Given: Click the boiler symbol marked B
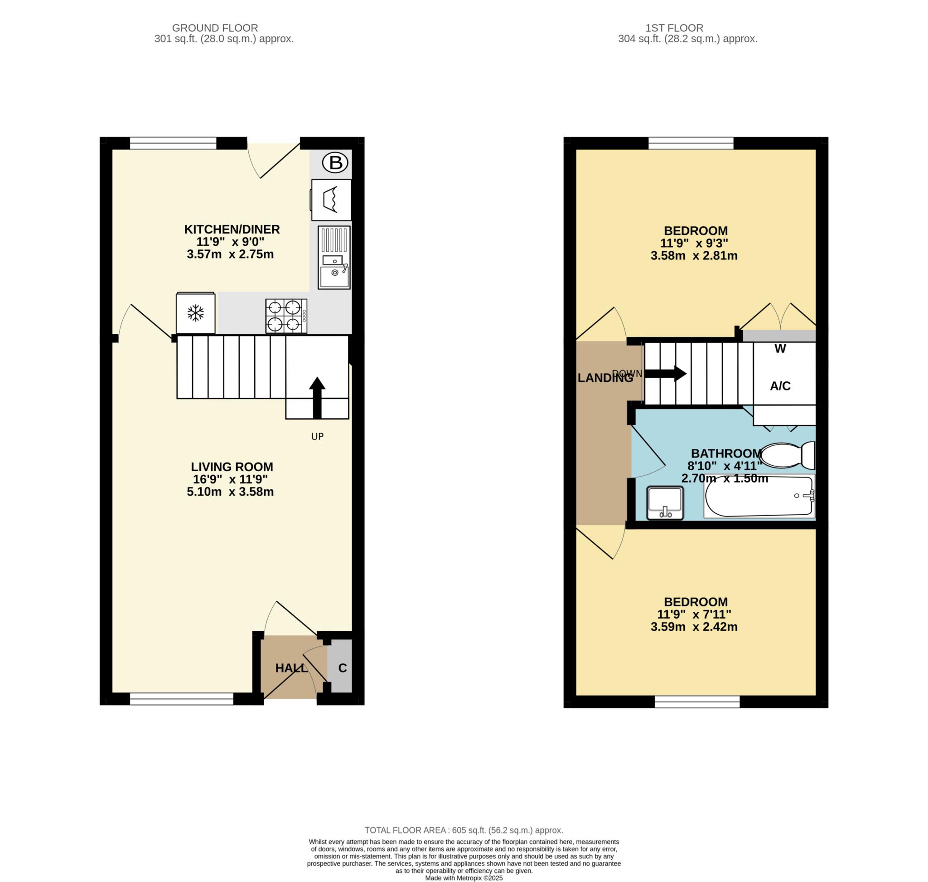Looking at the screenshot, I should [x=334, y=163].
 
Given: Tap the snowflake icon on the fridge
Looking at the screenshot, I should [x=195, y=312].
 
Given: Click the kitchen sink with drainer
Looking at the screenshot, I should [x=333, y=257].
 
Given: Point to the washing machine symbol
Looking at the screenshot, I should [x=331, y=200].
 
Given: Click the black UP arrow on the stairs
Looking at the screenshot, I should [x=317, y=397].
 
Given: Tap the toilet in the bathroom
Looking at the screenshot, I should [x=787, y=455].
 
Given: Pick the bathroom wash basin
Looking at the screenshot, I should [x=664, y=503].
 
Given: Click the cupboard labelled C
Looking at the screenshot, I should [x=342, y=668].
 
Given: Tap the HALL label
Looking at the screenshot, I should [x=291, y=668].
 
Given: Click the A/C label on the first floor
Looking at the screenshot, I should [x=780, y=386].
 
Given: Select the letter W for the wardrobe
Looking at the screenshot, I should [x=780, y=349].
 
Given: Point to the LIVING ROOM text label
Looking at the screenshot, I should [x=232, y=467].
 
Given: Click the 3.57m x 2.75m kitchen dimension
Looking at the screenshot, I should [x=230, y=254].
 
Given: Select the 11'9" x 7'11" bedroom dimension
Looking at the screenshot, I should [x=694, y=614].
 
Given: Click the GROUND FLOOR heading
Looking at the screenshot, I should [x=215, y=28].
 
